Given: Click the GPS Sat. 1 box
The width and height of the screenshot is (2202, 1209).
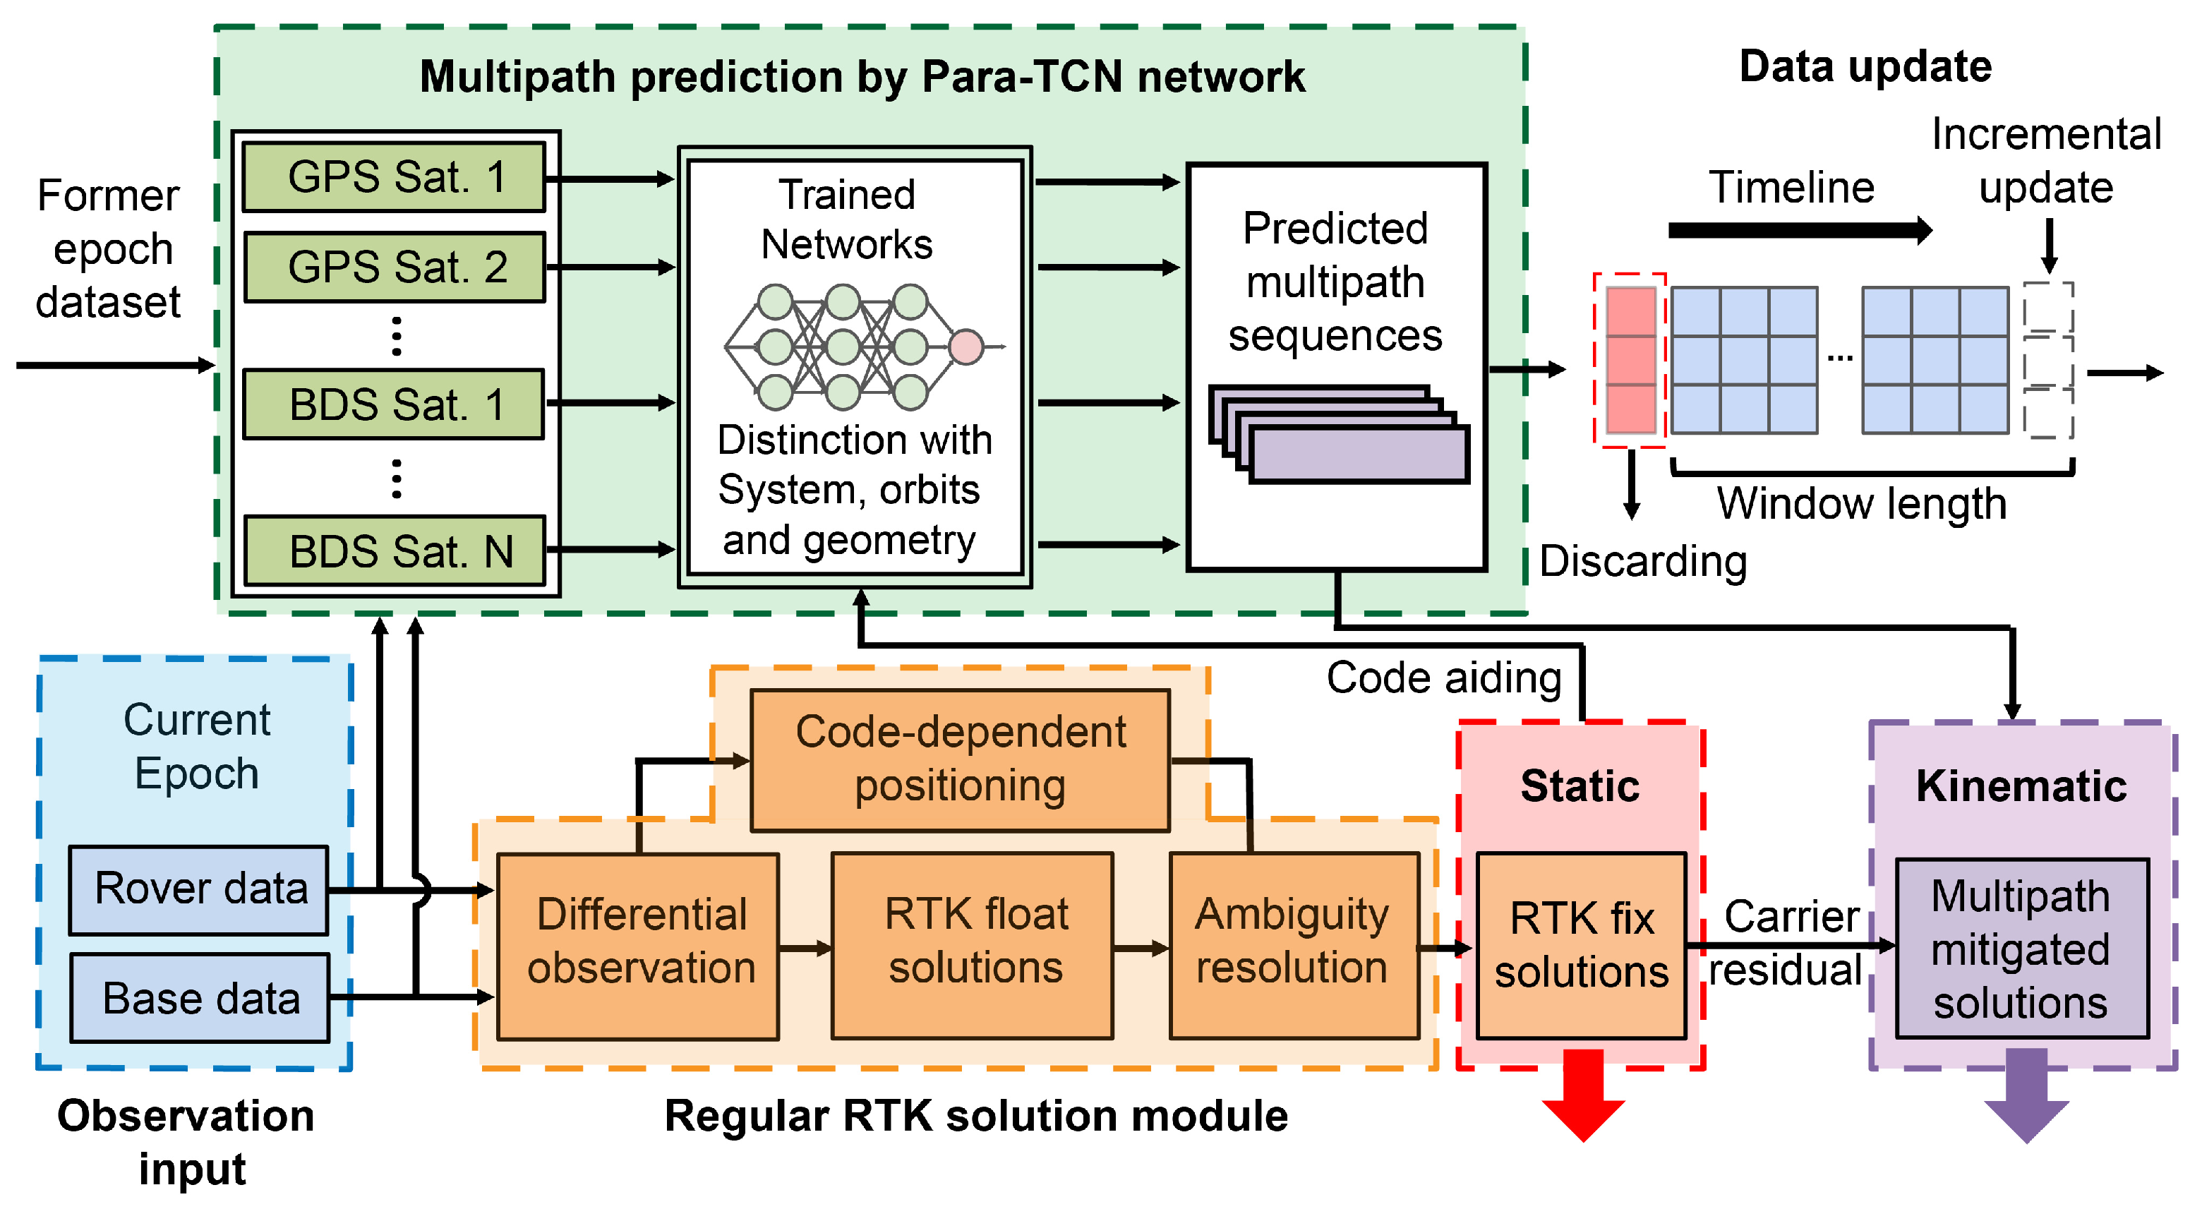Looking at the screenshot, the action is tap(394, 177).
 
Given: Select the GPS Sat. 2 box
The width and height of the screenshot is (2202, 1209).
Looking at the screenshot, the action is tap(394, 267).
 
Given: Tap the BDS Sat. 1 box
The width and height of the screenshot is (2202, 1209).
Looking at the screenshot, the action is tap(394, 404).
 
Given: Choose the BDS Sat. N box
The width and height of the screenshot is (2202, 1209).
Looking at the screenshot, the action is tap(394, 551).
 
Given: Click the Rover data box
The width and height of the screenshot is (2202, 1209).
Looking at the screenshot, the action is tap(199, 890).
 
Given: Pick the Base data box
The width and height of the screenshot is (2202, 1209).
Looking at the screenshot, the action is tap(200, 998).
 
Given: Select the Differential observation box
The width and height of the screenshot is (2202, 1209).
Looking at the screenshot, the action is tap(639, 946).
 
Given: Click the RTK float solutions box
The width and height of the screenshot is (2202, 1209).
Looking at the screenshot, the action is tap(973, 946).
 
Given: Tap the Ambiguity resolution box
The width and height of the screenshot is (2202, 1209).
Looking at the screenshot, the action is tap(1294, 946).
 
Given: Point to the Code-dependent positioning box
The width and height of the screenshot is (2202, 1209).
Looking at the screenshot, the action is tap(960, 760).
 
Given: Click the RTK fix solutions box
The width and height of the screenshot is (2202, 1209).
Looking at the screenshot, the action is tap(1582, 946).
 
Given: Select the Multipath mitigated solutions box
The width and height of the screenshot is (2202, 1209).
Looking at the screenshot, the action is tap(2021, 949).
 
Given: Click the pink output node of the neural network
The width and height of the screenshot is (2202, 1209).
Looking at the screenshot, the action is tap(966, 347).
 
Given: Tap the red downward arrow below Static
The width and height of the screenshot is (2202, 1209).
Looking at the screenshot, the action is tap(1583, 1095).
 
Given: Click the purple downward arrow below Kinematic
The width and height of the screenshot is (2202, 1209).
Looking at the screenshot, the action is tap(2026, 1095).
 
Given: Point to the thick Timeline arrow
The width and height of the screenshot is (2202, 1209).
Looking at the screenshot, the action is tap(1800, 230).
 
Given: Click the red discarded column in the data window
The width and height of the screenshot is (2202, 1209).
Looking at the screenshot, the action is tap(1631, 361).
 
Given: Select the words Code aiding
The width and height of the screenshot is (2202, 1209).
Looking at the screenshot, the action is tap(1444, 678).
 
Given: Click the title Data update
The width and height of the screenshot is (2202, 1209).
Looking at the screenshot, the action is tap(1865, 66).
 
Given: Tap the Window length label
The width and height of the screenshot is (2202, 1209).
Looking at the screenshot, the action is tap(1862, 504).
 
